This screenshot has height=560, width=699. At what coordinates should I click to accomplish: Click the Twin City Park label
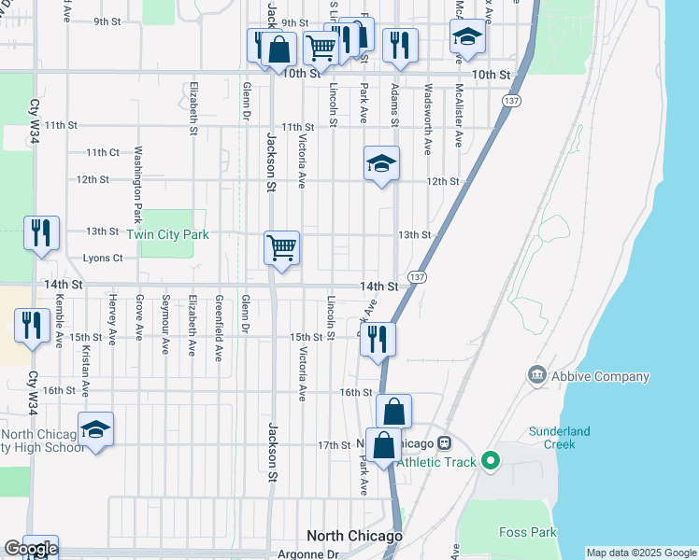click(167, 235)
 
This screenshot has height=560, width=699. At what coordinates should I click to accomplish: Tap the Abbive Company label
click(600, 377)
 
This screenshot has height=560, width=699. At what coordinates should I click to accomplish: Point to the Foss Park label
click(527, 533)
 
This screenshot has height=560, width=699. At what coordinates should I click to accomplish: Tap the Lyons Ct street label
click(103, 259)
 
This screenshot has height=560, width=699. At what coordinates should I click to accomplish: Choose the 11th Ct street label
click(103, 152)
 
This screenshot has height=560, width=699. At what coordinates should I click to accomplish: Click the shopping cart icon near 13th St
click(281, 248)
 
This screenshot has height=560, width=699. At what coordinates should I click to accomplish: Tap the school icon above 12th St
click(381, 163)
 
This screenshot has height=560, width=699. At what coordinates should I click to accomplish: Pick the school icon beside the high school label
click(95, 429)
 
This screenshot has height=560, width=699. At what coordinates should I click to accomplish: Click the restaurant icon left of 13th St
click(41, 233)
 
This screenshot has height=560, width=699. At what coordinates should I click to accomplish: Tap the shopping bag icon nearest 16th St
click(393, 411)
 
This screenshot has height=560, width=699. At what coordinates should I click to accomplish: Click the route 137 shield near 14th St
click(418, 277)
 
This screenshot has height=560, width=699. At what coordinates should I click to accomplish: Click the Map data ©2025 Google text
click(641, 553)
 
